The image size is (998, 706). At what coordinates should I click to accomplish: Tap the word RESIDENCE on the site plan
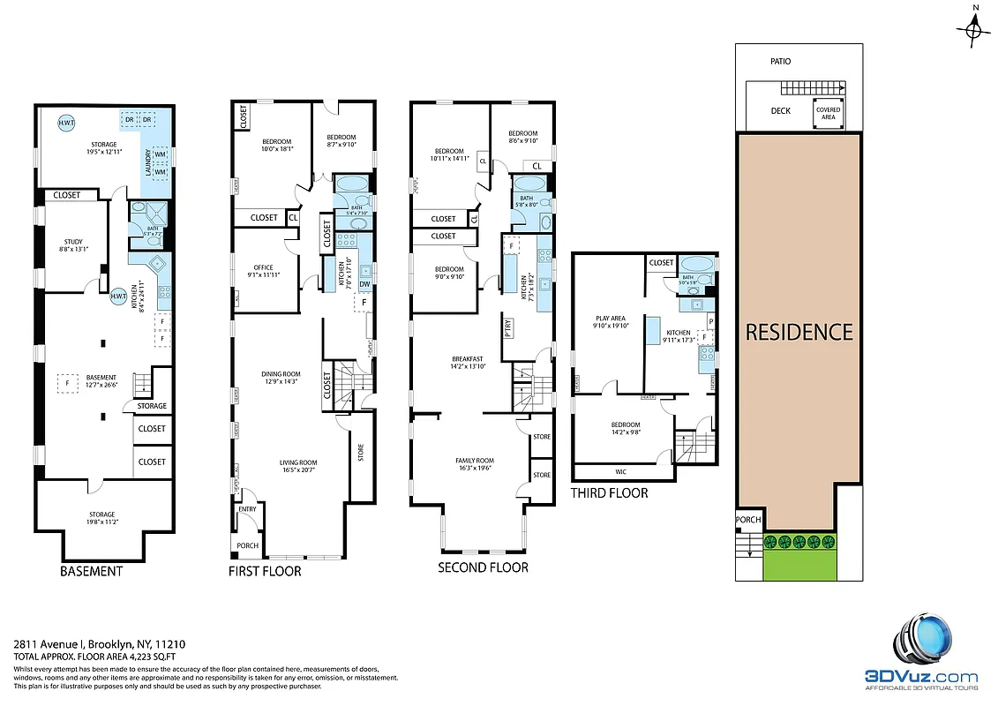[799, 332]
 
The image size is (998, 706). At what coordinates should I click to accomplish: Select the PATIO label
[780, 62]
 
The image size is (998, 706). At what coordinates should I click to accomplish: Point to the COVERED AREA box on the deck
[828, 112]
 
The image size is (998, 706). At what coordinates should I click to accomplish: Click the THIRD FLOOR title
[609, 492]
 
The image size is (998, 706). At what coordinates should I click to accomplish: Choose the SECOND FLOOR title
[483, 567]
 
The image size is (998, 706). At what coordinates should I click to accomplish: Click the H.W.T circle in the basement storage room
[66, 123]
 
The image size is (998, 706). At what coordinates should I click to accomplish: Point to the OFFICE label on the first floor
[263, 267]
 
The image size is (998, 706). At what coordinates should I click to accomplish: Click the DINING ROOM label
[280, 374]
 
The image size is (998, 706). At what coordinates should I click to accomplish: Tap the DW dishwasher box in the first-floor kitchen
[364, 283]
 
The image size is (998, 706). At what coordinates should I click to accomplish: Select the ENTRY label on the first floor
[247, 509]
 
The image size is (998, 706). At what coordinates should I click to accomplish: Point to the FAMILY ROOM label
[474, 461]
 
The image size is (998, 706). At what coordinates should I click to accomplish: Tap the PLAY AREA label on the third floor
[611, 319]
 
